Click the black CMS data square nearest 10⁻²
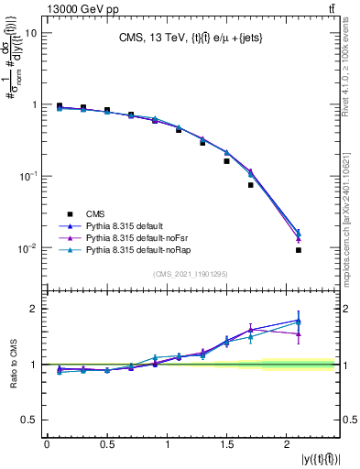coord(299,249)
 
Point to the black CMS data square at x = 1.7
coord(250,185)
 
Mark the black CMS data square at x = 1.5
coord(226,161)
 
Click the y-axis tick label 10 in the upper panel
coord(30,33)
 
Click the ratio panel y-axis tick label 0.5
coord(29,420)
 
